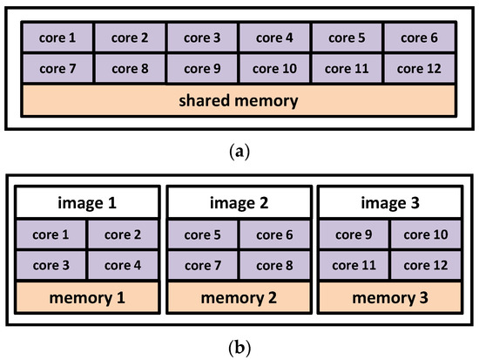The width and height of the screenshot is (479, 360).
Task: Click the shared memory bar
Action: [x=239, y=100]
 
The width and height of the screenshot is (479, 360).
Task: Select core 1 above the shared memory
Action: [x=58, y=37]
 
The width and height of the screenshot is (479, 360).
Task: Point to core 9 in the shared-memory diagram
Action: [x=203, y=68]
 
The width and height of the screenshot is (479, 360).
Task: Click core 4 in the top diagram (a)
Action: [x=275, y=37]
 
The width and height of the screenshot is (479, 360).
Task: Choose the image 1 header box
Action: [x=87, y=203]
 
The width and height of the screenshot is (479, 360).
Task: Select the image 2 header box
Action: [x=239, y=203]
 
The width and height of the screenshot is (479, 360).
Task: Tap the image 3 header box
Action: [x=391, y=203]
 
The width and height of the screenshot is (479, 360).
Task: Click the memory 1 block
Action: [x=87, y=297]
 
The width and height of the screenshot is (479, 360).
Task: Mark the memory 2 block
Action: [x=239, y=297]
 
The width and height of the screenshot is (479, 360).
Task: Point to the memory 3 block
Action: [x=391, y=297]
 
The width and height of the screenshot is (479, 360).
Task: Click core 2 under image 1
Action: [x=123, y=234]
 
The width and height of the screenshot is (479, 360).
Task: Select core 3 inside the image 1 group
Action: [x=51, y=265]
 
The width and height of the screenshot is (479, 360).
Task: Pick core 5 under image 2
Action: [x=202, y=234]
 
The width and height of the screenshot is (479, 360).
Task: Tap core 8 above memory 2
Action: [x=275, y=265]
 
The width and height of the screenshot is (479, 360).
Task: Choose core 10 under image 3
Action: [x=427, y=234]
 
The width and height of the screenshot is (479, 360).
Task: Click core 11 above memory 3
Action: [x=354, y=265]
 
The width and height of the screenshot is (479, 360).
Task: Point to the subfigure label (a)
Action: [x=239, y=152]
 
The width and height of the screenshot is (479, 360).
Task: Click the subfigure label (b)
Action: [x=239, y=347]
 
